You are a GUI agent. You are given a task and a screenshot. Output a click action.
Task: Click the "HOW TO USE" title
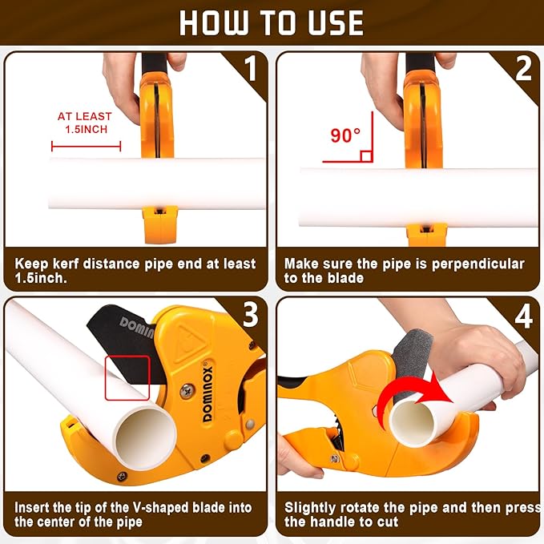tap(272, 22)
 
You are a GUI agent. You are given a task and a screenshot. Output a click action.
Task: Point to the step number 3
tap(250, 315)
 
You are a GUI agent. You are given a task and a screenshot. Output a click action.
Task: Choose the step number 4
tap(522, 315)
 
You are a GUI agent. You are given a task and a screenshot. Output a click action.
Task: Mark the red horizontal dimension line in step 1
tap(86, 146)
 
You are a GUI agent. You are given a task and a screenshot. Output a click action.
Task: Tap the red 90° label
tap(345, 135)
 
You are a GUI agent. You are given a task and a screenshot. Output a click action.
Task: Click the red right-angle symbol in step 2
tap(365, 155)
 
